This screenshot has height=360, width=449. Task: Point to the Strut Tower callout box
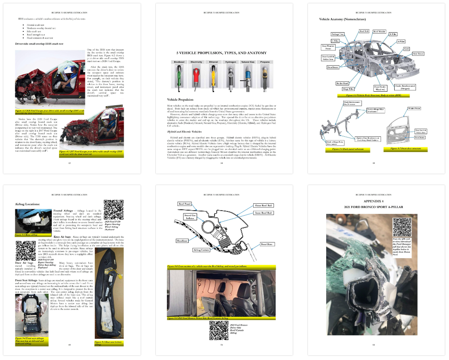pyautogui.click(x=418, y=54)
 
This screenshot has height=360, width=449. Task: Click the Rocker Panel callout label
pyautogui.click(x=342, y=83)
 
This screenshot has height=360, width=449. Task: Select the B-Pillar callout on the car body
pyautogui.click(x=393, y=34)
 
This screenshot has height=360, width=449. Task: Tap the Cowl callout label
pyautogui.click(x=407, y=48)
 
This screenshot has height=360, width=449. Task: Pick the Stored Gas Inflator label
pyautogui.click(x=190, y=217)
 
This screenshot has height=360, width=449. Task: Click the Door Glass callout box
pyautogui.click(x=267, y=244)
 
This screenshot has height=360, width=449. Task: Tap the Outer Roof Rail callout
pyautogui.click(x=264, y=205)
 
